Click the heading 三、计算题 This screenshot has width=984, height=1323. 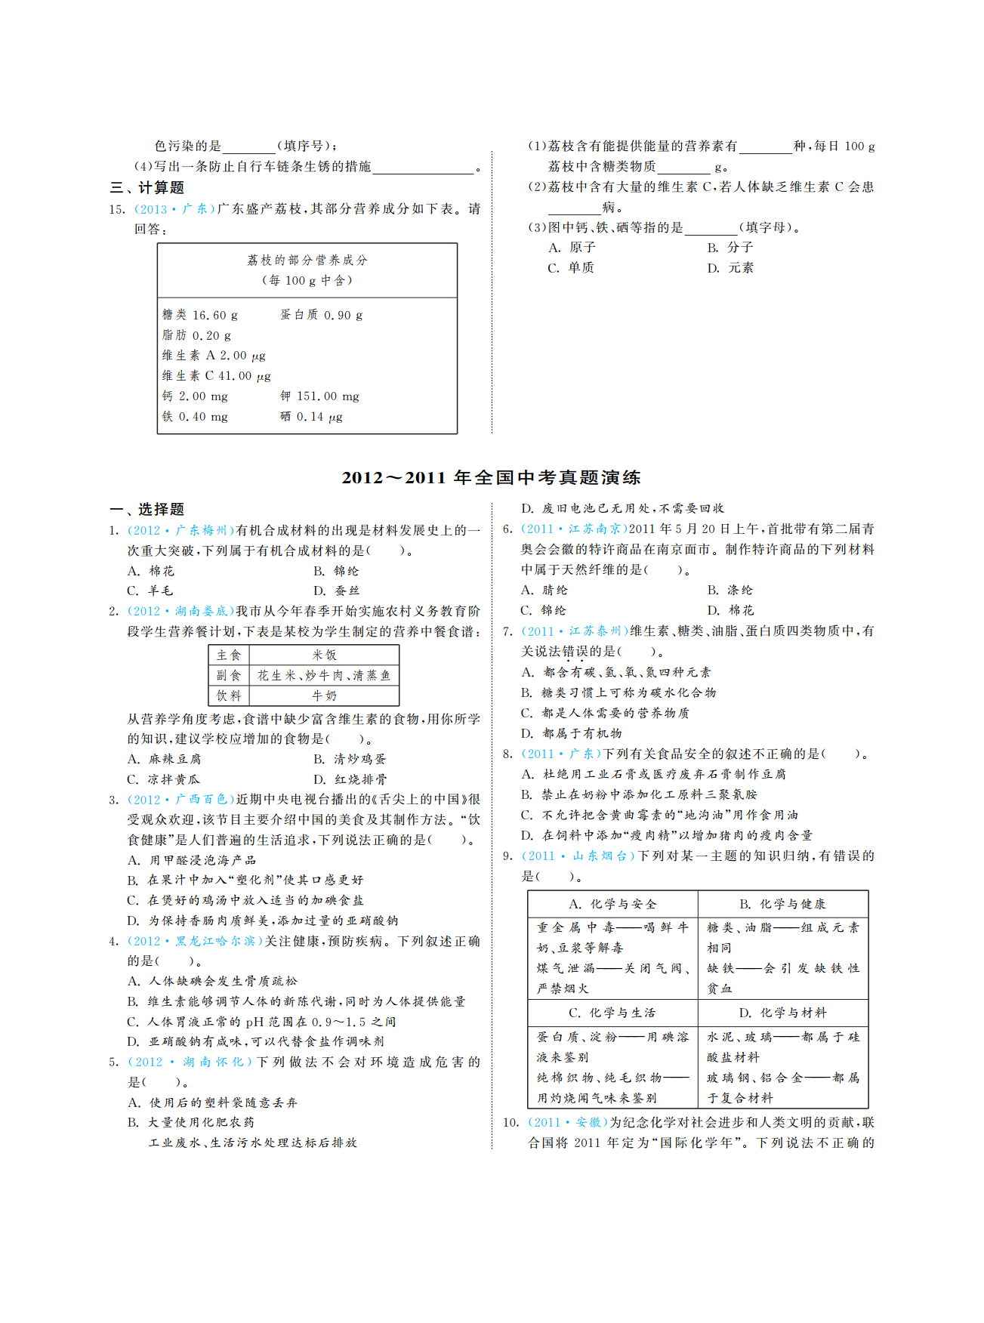tap(147, 188)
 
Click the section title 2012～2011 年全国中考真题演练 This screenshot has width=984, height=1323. tap(492, 477)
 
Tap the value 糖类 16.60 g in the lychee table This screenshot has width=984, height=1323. tap(200, 315)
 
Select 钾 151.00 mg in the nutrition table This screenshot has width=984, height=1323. tap(319, 396)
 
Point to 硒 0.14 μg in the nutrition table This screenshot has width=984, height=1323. tap(311, 417)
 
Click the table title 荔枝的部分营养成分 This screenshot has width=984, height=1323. tap(307, 261)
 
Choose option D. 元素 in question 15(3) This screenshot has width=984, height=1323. tap(730, 268)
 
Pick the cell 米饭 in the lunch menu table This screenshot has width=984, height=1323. tap(324, 655)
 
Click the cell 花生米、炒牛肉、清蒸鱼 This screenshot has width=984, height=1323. tap(324, 676)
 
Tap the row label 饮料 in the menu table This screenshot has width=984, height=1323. tap(229, 696)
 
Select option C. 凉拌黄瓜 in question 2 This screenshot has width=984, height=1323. tap(164, 779)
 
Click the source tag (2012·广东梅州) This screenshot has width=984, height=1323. tap(182, 531)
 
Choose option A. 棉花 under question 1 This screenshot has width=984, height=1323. tap(151, 571)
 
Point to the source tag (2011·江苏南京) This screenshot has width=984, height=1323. tap(575, 529)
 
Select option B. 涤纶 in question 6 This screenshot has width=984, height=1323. tap(730, 591)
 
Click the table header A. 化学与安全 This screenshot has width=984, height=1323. tap(612, 904)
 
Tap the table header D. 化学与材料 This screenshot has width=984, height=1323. tap(782, 1013)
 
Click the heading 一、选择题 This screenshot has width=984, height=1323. tap(147, 510)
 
